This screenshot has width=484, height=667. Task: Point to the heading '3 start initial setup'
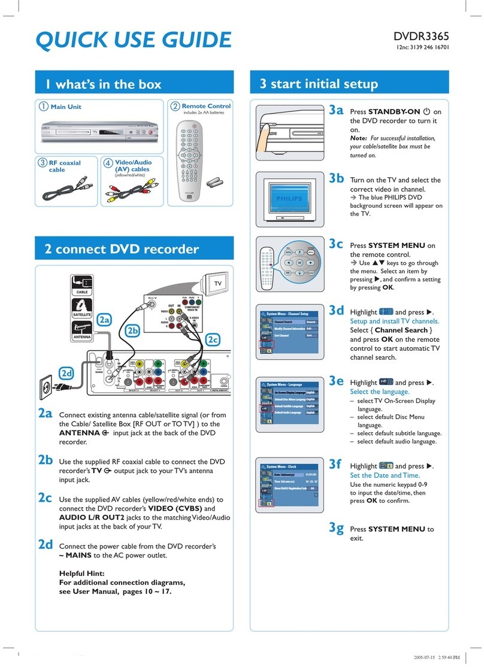318,84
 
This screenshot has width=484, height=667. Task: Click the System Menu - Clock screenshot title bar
287,466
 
